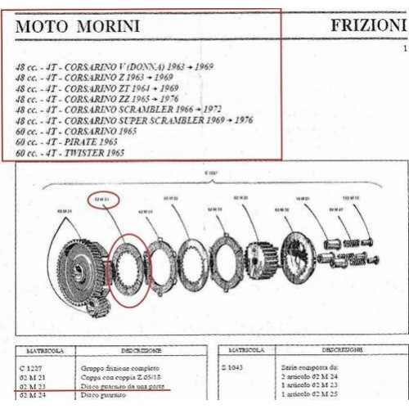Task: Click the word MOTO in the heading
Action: (42, 26)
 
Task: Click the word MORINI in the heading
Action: (109, 26)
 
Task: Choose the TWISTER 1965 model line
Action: (92, 152)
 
